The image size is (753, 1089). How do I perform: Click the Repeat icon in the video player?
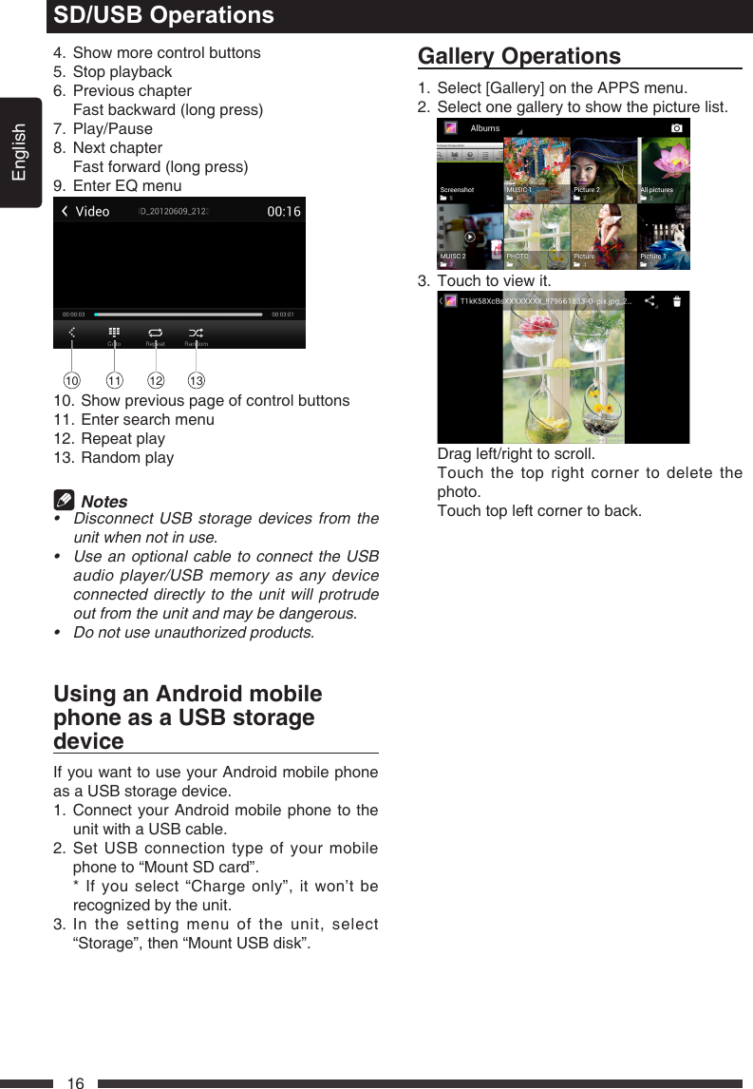(154, 333)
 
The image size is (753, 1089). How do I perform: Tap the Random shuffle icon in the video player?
(195, 333)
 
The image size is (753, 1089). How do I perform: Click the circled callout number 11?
(114, 381)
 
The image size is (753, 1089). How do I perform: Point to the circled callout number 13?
(196, 381)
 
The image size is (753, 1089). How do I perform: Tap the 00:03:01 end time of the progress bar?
(283, 314)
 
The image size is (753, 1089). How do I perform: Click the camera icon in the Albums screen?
(676, 127)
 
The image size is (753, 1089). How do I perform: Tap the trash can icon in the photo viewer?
(677, 302)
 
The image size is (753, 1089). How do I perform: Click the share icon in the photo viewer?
(650, 301)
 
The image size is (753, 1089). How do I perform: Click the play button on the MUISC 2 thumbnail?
(470, 237)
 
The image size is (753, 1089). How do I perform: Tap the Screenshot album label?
(457, 190)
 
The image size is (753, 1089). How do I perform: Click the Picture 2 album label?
(587, 190)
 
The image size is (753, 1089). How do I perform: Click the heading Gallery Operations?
(519, 56)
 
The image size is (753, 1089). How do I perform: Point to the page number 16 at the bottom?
(76, 1082)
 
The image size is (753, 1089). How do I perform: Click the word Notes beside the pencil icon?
(104, 502)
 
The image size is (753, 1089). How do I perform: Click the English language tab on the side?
(19, 152)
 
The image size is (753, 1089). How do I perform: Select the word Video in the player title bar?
(92, 211)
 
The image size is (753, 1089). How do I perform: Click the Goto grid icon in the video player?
(113, 333)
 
